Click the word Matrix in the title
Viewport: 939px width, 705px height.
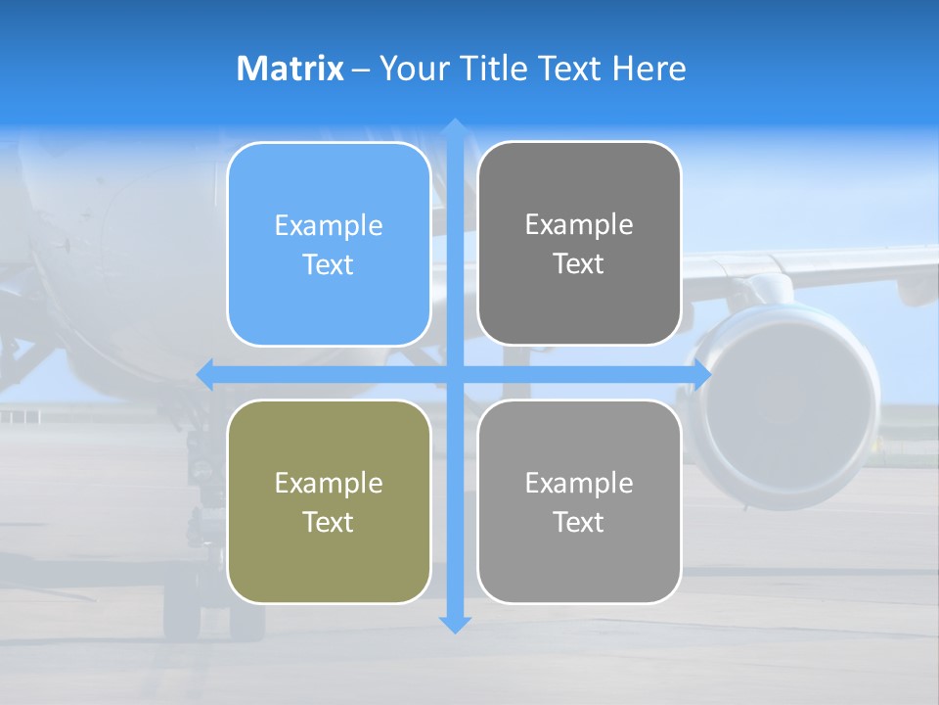click(x=290, y=69)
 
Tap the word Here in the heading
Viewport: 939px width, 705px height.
click(x=649, y=69)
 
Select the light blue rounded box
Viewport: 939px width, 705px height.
click(x=329, y=244)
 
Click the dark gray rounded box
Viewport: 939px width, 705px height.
click(x=579, y=244)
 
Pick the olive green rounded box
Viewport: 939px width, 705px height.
click(x=329, y=501)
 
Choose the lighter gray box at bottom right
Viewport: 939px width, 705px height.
click(x=579, y=501)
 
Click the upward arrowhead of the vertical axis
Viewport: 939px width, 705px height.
click(x=454, y=128)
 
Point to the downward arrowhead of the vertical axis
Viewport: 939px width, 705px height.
click(x=454, y=624)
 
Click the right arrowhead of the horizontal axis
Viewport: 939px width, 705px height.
click(x=701, y=375)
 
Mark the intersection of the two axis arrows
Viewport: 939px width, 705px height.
click(x=454, y=375)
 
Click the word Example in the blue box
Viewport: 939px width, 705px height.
click(x=329, y=226)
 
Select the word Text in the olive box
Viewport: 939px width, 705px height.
click(x=328, y=523)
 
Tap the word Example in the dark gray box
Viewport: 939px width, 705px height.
click(x=579, y=225)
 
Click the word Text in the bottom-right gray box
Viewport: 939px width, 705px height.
click(x=578, y=523)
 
